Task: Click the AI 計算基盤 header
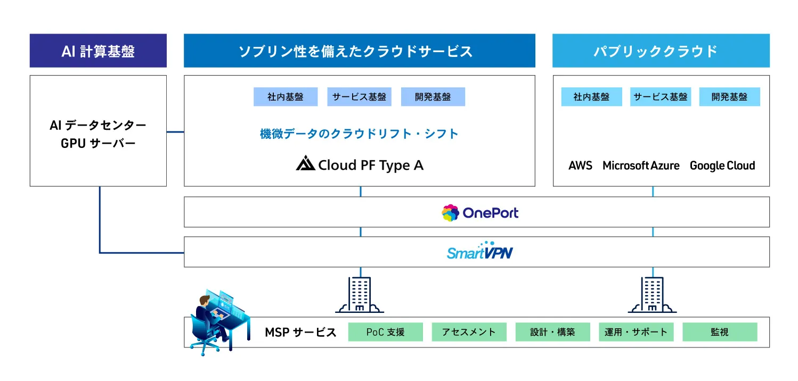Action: pos(98,51)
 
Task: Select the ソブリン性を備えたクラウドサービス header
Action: pos(359,51)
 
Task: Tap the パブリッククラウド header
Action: pos(661,51)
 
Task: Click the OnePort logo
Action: pos(479,213)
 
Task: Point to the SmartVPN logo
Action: pos(479,252)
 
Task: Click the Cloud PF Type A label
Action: pos(360,165)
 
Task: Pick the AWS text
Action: pos(580,165)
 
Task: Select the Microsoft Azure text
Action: pos(641,165)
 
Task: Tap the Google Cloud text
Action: pos(722,165)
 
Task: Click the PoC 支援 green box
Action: pos(385,332)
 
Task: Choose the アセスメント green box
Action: pos(469,332)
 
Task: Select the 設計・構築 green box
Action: pos(552,332)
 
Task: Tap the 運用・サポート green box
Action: pos(636,332)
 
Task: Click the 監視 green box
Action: pos(719,332)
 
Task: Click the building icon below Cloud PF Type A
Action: pos(360,295)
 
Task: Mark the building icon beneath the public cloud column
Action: pos(652,295)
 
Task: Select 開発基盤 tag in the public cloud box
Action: pos(729,97)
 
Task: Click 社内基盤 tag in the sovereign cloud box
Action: pos(286,97)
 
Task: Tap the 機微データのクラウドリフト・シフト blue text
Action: pos(359,134)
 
